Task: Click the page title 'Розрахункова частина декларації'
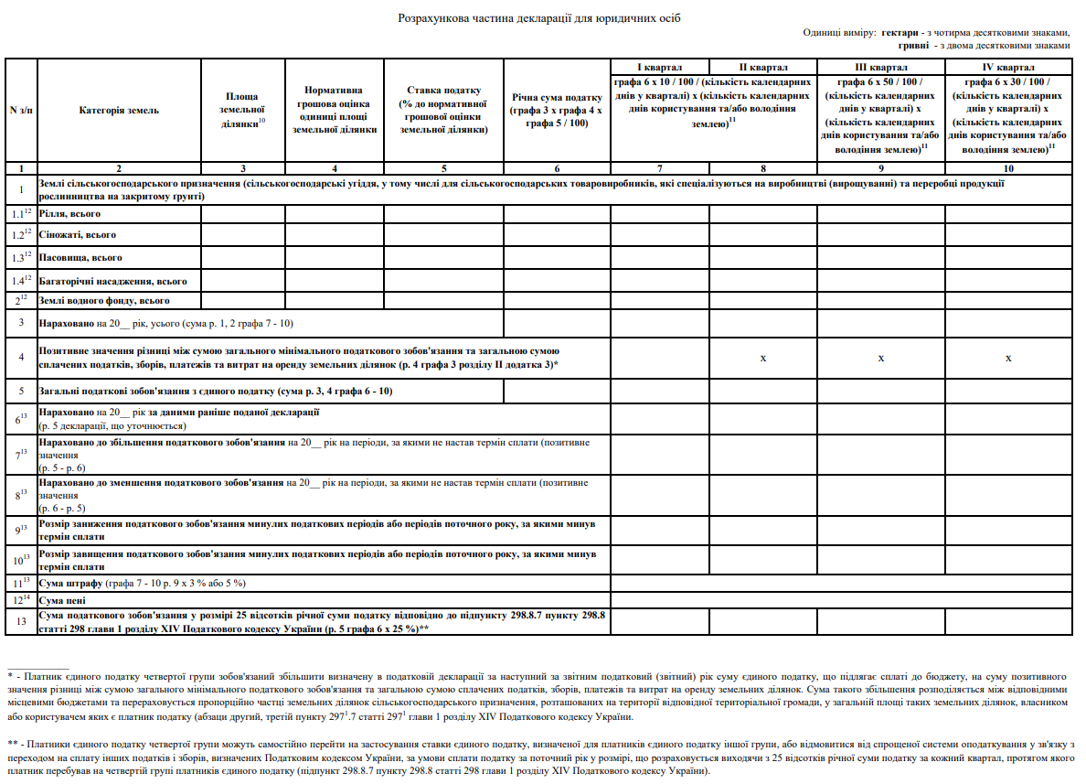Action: [539, 18]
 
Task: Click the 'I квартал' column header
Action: [659, 68]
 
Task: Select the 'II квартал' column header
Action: [762, 68]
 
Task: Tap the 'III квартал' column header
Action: [880, 68]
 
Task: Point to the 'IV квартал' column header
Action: [1007, 68]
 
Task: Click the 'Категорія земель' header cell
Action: [119, 111]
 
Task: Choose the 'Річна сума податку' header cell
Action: [557, 111]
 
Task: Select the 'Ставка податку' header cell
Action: [443, 110]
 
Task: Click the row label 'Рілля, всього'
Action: [69, 213]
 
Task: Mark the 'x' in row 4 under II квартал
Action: [762, 358]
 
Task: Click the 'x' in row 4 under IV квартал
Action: [1007, 358]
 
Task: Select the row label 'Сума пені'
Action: [64, 600]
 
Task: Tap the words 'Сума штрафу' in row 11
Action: [69, 583]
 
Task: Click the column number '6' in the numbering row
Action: [557, 168]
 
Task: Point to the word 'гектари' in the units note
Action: [901, 32]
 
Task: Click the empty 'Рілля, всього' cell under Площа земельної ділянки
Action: [242, 213]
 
